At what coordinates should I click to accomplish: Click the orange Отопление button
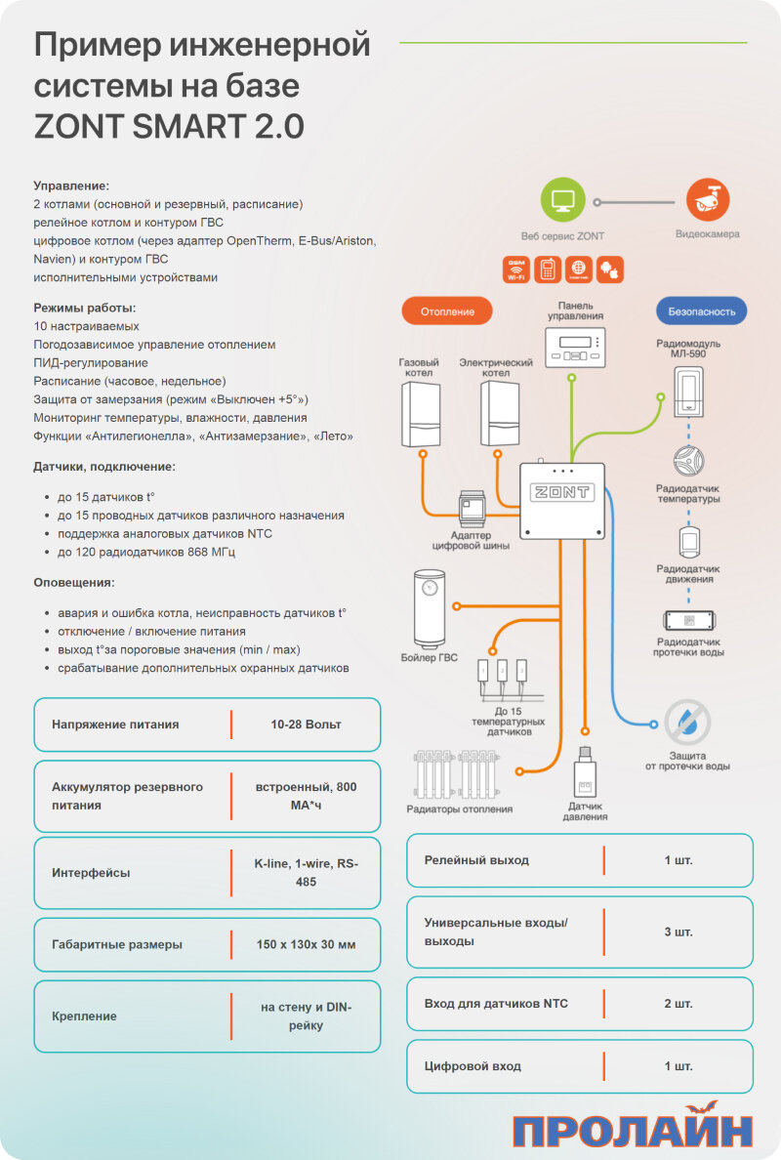[x=447, y=311]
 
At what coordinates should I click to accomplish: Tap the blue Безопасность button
[x=701, y=311]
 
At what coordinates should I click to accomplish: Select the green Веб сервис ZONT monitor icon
[x=562, y=201]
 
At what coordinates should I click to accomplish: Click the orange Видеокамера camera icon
[x=708, y=201]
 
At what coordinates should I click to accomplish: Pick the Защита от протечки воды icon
[x=687, y=724]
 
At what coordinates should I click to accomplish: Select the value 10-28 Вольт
[x=306, y=725]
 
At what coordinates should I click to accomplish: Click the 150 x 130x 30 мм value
[x=306, y=944]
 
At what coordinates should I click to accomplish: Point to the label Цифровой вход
[x=473, y=1066]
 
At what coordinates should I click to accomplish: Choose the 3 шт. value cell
[x=678, y=932]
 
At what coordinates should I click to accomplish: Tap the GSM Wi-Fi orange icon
[x=515, y=269]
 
